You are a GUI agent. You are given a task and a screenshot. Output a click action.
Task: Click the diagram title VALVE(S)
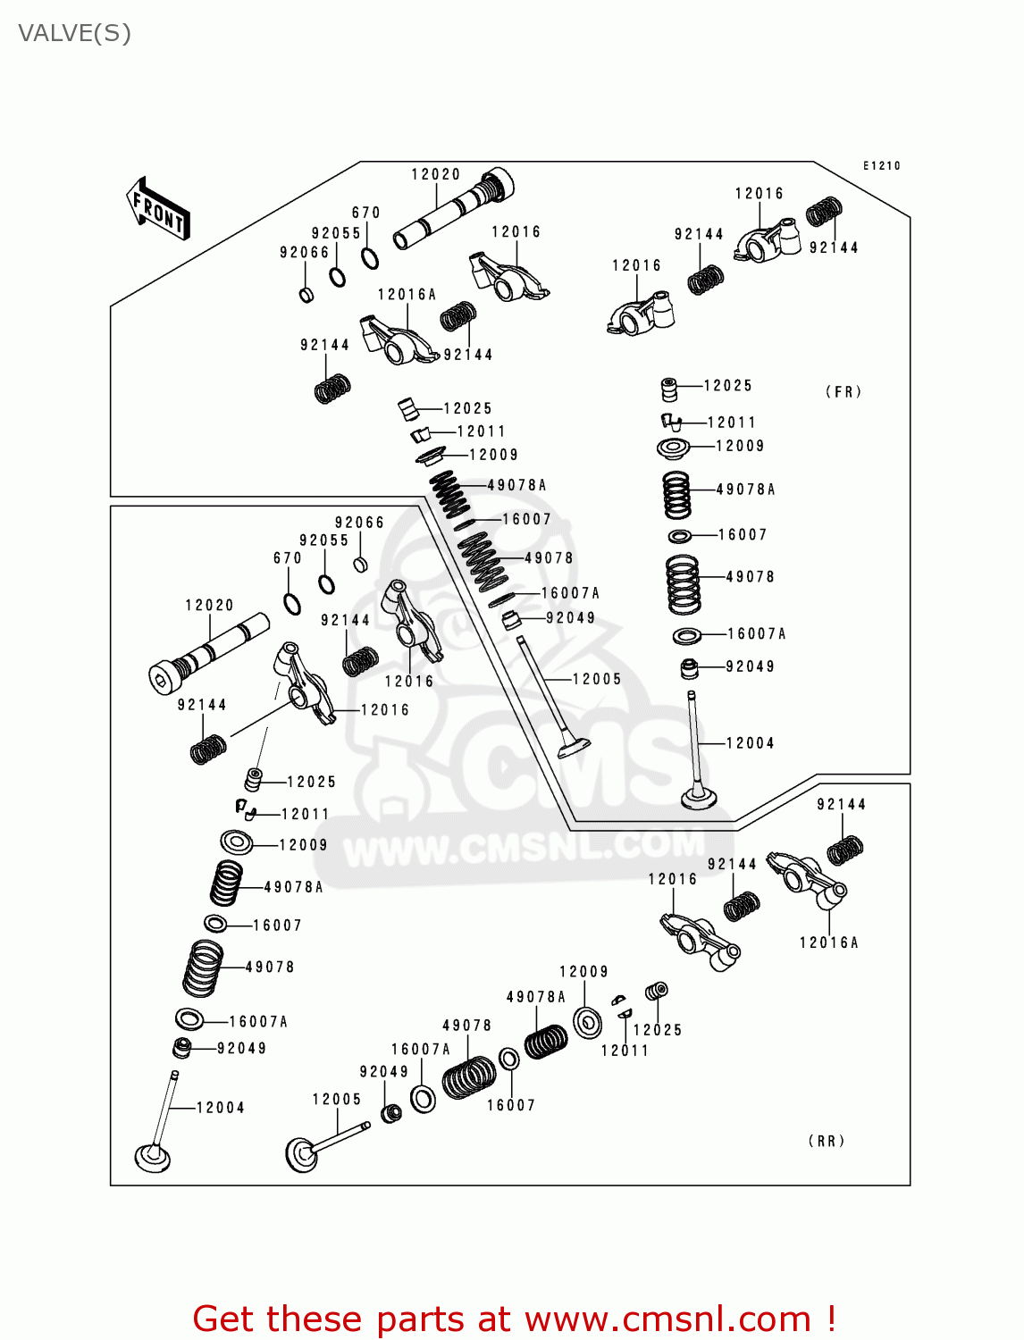(x=75, y=34)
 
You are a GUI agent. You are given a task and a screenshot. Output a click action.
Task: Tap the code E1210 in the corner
(x=881, y=166)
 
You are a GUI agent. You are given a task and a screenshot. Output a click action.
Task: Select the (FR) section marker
(x=843, y=392)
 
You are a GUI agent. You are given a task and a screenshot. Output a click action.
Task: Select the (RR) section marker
(x=827, y=1141)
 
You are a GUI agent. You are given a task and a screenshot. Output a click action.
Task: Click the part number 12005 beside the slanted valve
(x=596, y=679)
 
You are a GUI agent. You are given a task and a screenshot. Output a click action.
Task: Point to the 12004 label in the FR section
(x=750, y=743)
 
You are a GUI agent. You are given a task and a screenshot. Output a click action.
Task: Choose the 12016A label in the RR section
(x=828, y=942)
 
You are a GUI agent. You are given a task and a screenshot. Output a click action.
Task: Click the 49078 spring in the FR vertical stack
(x=684, y=584)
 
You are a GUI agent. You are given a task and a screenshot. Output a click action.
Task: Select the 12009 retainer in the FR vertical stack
(x=674, y=448)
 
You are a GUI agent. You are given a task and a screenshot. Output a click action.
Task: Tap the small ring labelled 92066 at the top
(x=306, y=294)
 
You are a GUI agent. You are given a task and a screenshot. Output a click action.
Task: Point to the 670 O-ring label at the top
(x=365, y=213)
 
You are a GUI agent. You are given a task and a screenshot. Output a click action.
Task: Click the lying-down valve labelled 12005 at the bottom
(x=322, y=1145)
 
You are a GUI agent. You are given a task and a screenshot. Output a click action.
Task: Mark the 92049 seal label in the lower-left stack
(x=241, y=1048)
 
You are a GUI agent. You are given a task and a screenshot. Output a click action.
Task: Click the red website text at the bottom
(x=514, y=1319)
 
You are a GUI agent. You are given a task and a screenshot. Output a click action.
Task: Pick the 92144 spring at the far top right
(x=824, y=213)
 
